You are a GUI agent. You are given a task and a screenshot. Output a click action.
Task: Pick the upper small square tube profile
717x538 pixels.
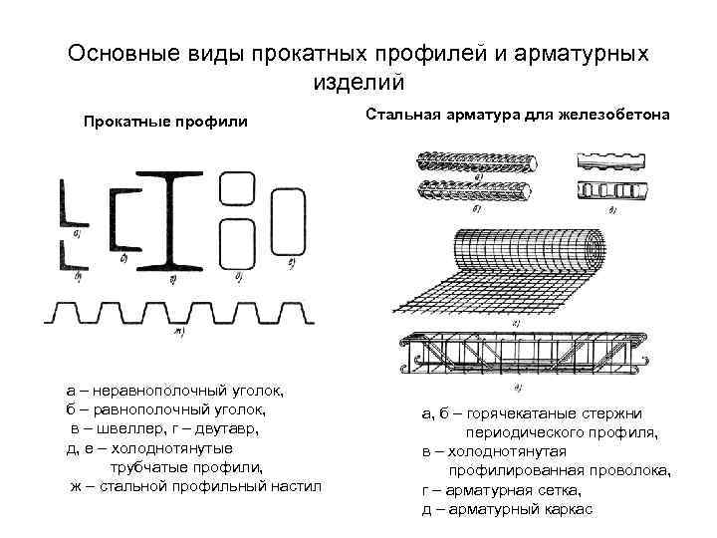click(x=235, y=189)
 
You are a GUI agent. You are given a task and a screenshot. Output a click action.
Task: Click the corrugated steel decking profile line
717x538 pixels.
click(x=179, y=312)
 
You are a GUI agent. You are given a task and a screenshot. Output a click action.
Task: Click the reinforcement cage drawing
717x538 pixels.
click(x=523, y=354)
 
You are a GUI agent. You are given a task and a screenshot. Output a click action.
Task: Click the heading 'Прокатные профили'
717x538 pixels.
click(x=165, y=122)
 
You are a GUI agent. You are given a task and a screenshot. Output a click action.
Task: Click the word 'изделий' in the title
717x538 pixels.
click(x=358, y=82)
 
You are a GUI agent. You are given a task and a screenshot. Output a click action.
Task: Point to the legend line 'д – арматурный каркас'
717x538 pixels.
click(x=507, y=509)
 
